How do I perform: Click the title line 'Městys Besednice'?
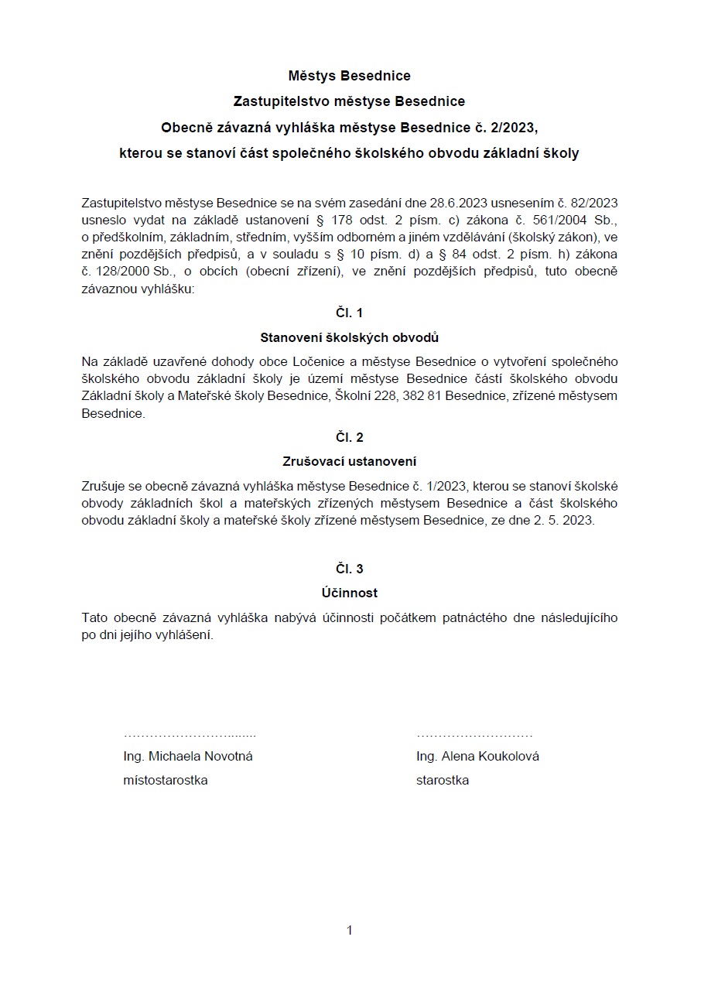tap(349, 76)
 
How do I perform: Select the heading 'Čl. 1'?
tap(349, 313)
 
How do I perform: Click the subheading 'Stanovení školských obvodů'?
tap(349, 337)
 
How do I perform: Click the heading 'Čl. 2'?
tap(349, 438)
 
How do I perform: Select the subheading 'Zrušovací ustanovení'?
tap(349, 462)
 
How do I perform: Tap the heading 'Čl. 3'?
tap(349, 569)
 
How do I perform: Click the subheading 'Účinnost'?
tap(349, 593)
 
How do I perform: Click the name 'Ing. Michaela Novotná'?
tap(188, 757)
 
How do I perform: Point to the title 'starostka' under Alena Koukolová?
tap(442, 781)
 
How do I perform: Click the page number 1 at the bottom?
tap(350, 930)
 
